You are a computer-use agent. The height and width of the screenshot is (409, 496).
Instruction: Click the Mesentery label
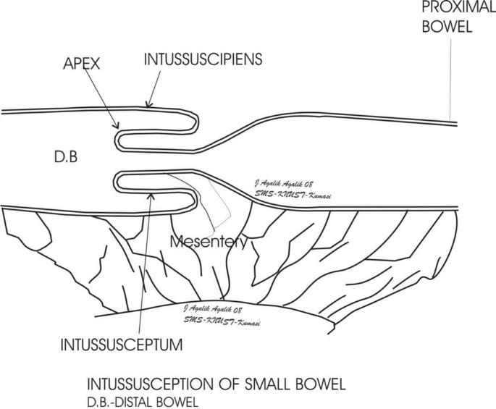tap(209, 243)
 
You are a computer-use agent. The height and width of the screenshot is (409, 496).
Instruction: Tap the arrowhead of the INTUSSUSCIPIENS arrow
tap(148, 106)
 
